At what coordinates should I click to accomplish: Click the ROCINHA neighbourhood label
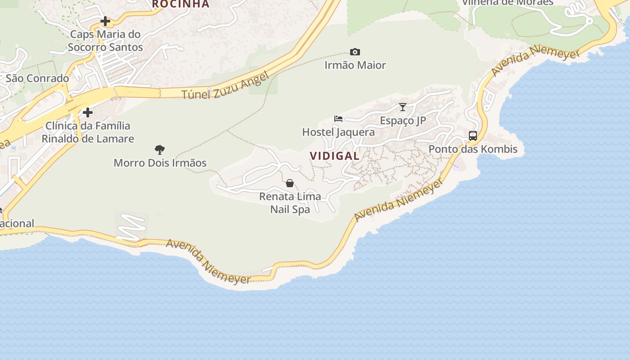pos(180,4)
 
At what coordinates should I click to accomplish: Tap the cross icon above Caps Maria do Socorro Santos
pos(105,21)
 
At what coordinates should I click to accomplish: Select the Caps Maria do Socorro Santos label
pos(105,40)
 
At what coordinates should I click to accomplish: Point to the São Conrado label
pos(37,78)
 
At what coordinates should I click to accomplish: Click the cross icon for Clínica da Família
pos(88,112)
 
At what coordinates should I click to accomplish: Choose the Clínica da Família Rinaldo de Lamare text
pos(88,132)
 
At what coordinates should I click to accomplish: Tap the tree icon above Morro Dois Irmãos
pos(159,150)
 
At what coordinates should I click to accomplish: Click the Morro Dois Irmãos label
pos(160,162)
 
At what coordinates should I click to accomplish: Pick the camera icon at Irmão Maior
pos(355,52)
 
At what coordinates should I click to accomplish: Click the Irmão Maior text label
pos(355,65)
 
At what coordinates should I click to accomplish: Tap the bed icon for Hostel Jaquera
pos(338,119)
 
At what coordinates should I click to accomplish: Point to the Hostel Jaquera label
pos(338,132)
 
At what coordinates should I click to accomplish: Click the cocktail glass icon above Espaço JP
pos(403,107)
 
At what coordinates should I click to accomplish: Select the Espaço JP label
pos(403,121)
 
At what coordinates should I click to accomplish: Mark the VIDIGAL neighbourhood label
pos(334,156)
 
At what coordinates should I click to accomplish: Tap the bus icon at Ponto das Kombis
pos(473,135)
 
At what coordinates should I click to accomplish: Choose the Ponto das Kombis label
pos(473,149)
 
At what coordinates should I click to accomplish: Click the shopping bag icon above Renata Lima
pos(290,183)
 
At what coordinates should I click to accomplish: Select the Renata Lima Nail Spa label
pos(290,202)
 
